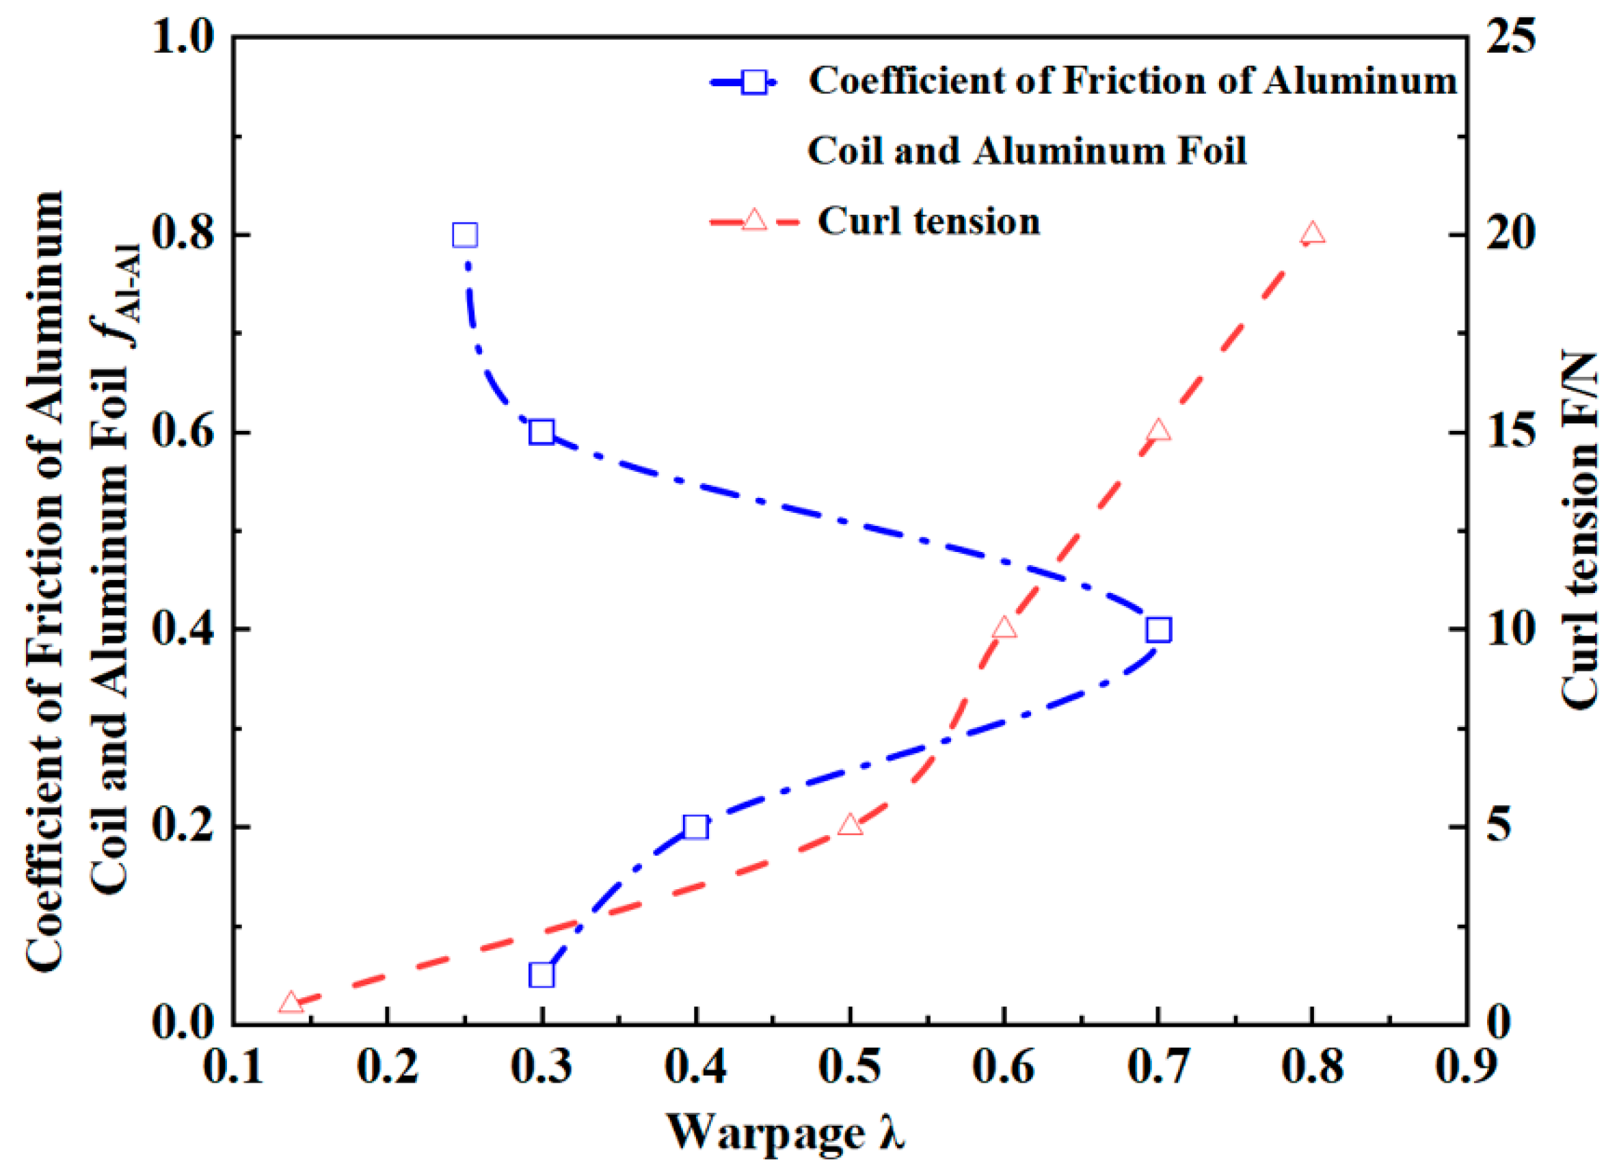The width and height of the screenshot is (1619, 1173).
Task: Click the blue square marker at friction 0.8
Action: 465,235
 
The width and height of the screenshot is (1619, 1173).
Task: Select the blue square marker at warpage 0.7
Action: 1159,631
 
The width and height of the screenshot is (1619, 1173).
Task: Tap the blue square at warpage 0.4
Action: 695,828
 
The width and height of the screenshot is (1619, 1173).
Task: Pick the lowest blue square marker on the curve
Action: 541,975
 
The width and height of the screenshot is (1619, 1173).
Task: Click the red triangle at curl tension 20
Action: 1313,233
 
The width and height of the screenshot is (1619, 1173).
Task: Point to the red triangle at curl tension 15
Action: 1159,430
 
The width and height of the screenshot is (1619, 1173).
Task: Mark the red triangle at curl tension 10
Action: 1004,628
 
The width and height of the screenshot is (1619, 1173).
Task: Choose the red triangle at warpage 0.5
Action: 849,825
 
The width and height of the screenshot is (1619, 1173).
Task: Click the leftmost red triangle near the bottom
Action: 291,1003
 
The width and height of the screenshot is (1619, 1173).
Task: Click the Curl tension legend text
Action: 928,221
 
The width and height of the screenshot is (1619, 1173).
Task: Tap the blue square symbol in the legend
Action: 754,82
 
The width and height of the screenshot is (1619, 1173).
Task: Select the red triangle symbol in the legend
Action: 754,220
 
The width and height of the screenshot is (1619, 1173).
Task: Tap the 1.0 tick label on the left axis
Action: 184,37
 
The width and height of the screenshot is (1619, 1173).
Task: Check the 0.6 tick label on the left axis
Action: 184,433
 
